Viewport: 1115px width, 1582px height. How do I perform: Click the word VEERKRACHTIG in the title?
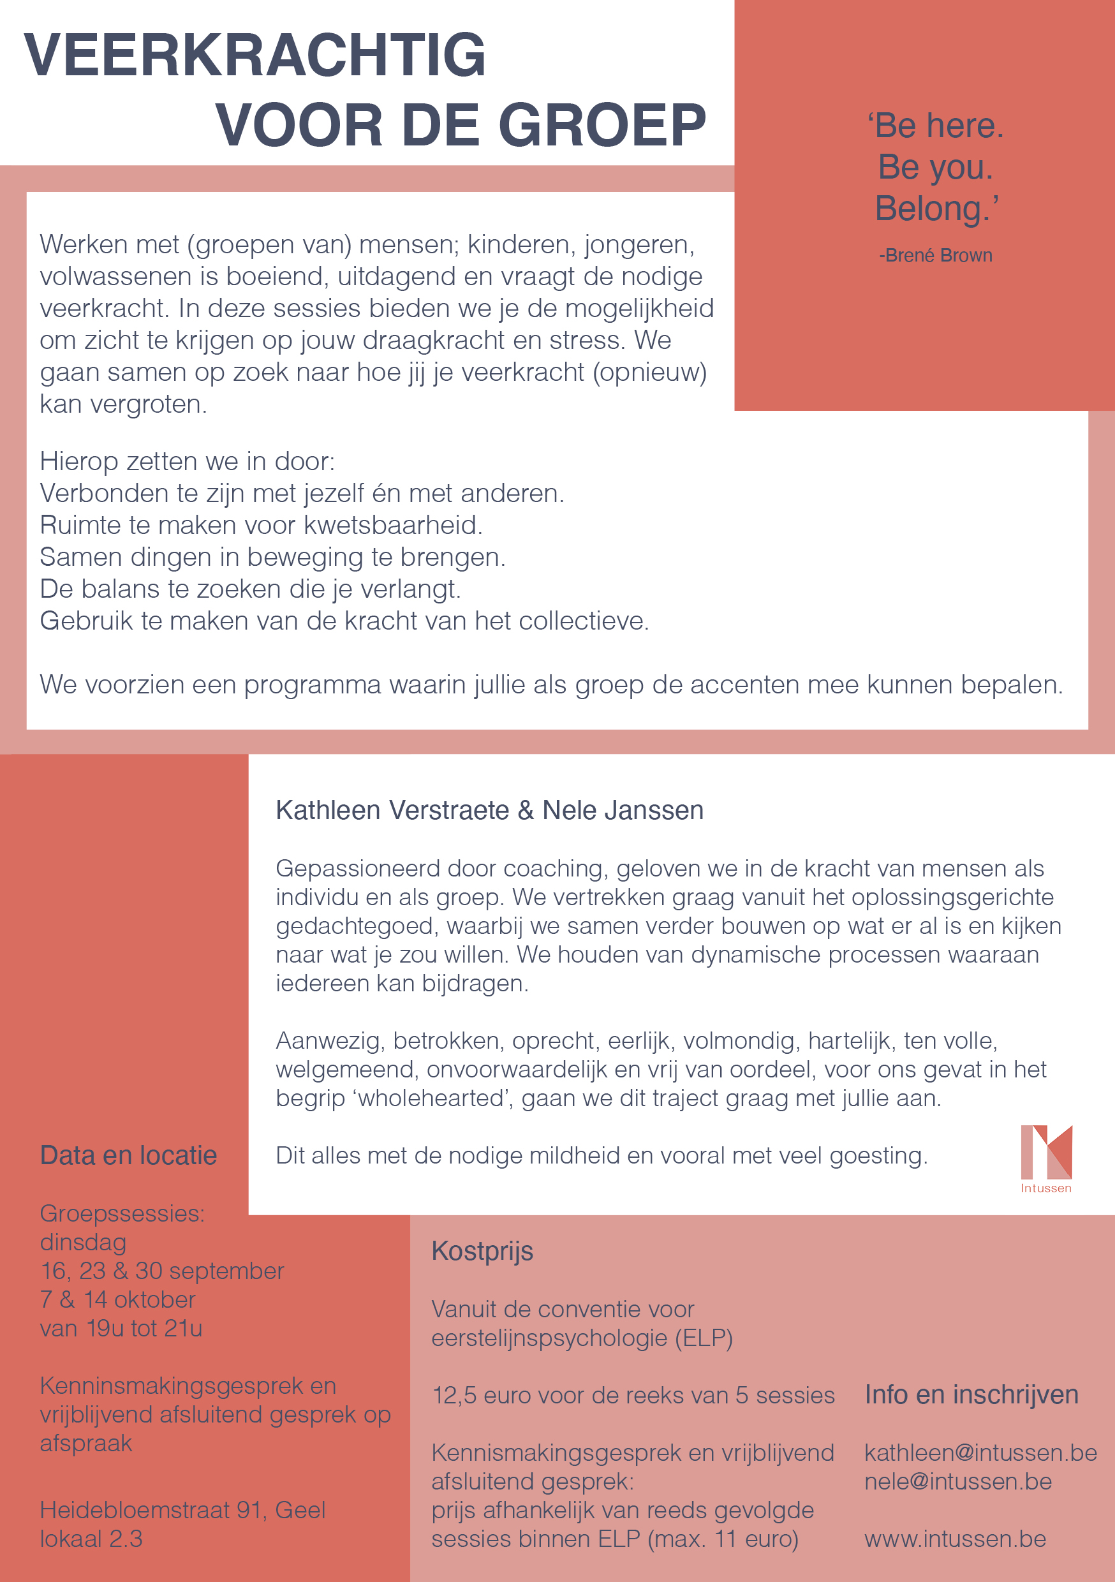point(255,55)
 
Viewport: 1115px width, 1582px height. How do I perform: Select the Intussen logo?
point(1046,1158)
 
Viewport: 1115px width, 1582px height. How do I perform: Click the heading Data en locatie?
point(128,1155)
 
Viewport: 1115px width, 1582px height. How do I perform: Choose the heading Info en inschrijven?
point(971,1394)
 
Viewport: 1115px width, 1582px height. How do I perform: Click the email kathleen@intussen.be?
point(980,1453)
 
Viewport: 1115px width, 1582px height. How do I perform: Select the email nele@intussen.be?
point(958,1481)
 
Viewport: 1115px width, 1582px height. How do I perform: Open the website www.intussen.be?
point(955,1539)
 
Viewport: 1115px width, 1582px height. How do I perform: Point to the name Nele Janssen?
point(623,810)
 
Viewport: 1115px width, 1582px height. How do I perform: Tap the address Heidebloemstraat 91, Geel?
point(182,1511)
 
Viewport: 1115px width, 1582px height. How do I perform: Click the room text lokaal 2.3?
point(91,1539)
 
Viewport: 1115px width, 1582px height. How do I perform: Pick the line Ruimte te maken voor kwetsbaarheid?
point(261,525)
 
